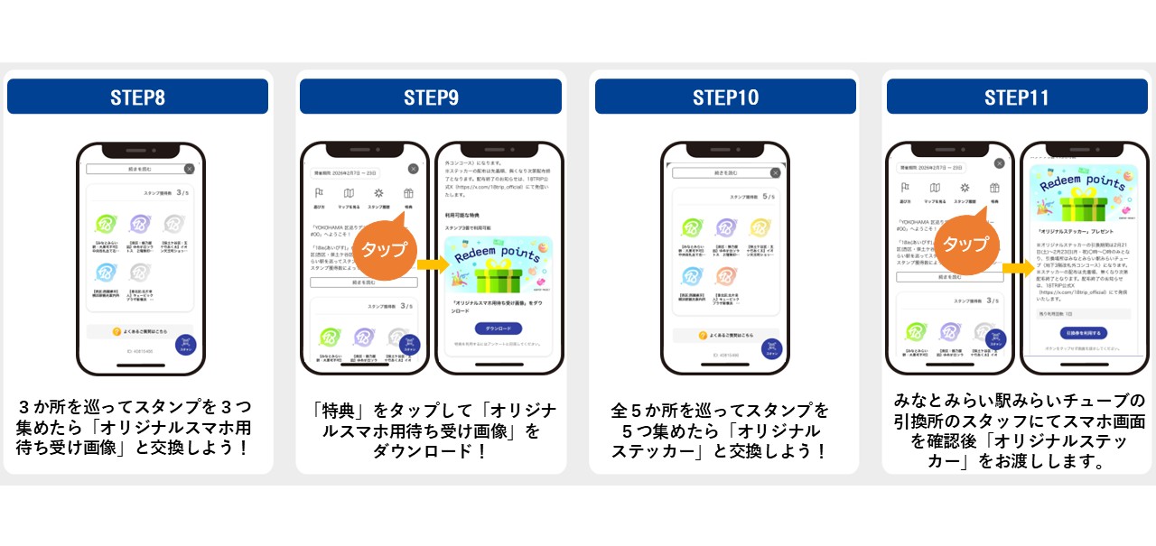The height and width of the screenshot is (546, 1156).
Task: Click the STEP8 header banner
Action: pyautogui.click(x=137, y=97)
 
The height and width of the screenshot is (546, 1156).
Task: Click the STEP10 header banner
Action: pyautogui.click(x=725, y=97)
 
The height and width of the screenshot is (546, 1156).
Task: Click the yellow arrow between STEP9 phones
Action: pyautogui.click(x=431, y=264)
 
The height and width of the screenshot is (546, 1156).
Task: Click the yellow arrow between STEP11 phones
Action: pyautogui.click(x=1017, y=268)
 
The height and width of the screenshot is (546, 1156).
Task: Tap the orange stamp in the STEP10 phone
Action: pyautogui.click(x=726, y=276)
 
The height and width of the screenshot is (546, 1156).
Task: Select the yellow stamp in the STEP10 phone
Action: pyautogui.click(x=760, y=228)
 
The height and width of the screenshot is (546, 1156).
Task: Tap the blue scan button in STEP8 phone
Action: pyautogui.click(x=186, y=344)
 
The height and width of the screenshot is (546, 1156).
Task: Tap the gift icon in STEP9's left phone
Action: pyautogui.click(x=408, y=193)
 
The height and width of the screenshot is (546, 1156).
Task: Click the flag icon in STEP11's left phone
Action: pyautogui.click(x=906, y=188)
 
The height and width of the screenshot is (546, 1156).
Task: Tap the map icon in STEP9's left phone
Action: pyautogui.click(x=349, y=193)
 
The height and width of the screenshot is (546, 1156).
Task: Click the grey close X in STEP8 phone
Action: pyautogui.click(x=189, y=169)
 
